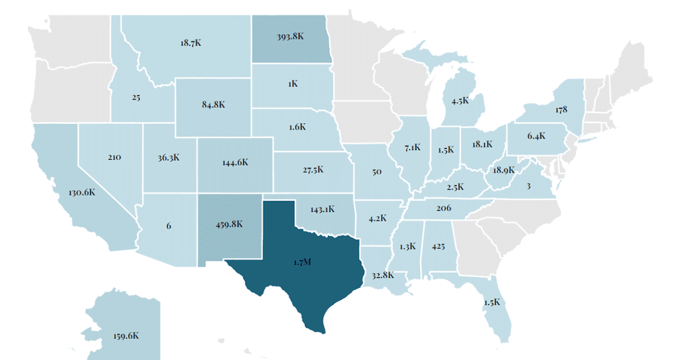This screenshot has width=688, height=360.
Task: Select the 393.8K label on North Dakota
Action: pyautogui.click(x=291, y=36)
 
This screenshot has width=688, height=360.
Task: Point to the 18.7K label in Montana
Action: pyautogui.click(x=190, y=43)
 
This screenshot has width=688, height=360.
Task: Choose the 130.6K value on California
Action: pyautogui.click(x=81, y=193)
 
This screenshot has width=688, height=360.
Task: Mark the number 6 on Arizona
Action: pyautogui.click(x=169, y=226)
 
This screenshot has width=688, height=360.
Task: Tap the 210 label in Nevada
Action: pyautogui.click(x=114, y=156)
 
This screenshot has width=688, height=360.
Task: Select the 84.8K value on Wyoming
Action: pyautogui.click(x=213, y=105)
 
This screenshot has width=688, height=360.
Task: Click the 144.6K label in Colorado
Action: pyautogui.click(x=235, y=162)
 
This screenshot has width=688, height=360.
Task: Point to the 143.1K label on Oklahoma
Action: pyautogui.click(x=322, y=209)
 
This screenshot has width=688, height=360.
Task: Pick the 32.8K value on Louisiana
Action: pyautogui.click(x=382, y=275)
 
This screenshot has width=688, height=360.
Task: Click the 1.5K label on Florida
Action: pyautogui.click(x=491, y=302)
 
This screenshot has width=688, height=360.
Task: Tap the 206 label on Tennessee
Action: pyautogui.click(x=444, y=208)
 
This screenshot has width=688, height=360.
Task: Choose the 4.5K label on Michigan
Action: pyautogui.click(x=460, y=101)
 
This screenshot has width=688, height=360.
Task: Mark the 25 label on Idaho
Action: pyautogui.click(x=136, y=97)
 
